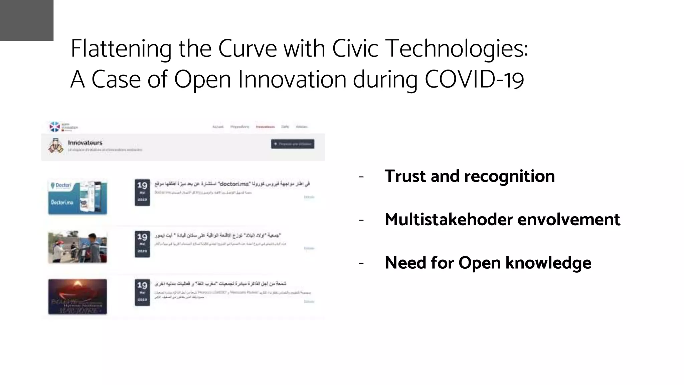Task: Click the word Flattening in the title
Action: (121, 49)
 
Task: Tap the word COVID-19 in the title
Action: (474, 80)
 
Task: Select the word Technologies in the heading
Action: (457, 49)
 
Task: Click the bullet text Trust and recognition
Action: (470, 176)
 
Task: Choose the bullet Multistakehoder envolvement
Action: (502, 220)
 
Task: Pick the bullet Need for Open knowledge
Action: (488, 263)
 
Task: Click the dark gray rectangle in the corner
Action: (27, 20)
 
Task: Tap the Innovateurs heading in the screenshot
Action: (85, 143)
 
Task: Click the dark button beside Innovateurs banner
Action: (293, 144)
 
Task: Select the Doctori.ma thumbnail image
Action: (77, 197)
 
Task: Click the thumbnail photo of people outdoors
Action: (77, 247)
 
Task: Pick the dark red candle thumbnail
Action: (77, 297)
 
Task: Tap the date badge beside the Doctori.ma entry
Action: (142, 192)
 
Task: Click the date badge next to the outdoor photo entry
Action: (142, 244)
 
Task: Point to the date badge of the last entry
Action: (142, 293)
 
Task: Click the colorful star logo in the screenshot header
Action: (54, 127)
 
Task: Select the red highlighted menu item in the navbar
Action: (265, 127)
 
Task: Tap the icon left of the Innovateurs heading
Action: (55, 146)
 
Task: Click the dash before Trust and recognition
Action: (361, 177)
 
